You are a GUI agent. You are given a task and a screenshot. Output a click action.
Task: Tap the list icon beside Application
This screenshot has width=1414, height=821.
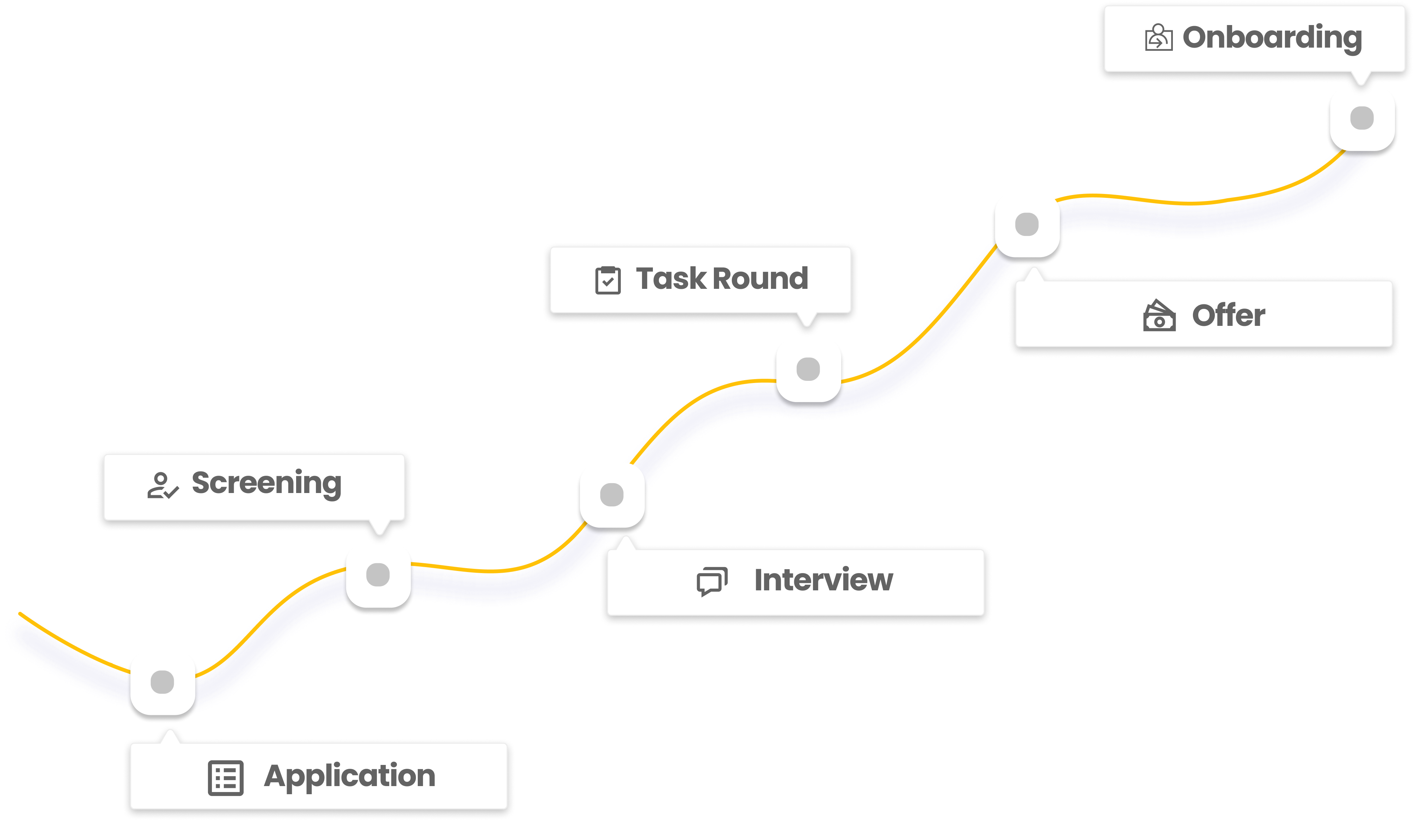pos(226,778)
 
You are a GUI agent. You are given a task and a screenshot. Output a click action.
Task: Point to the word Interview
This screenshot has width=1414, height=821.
pos(823,580)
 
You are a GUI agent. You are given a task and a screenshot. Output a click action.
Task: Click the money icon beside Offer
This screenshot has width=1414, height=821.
pos(1159,316)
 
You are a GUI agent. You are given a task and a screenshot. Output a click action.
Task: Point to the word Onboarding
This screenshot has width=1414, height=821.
pos(1272,38)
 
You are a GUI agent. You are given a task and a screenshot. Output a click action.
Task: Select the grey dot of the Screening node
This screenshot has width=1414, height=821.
pos(378,574)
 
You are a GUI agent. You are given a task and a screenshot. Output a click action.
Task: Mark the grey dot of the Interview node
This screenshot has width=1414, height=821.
pos(612,494)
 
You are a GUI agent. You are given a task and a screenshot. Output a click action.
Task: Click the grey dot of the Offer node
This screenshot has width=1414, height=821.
pos(1027,225)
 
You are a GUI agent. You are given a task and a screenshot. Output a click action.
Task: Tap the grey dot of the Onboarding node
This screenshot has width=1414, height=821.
pos(1362,118)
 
